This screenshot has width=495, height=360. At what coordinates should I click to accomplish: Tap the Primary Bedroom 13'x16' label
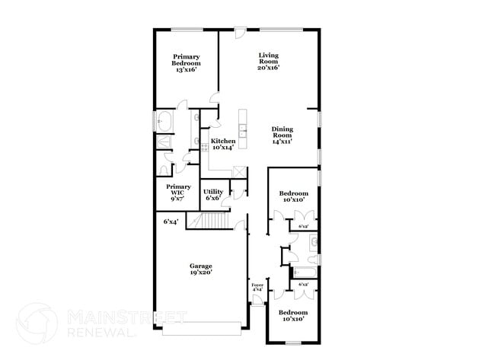187,63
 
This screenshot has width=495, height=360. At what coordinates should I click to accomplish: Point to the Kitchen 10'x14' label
223,144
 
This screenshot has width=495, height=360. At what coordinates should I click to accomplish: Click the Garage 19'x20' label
201,269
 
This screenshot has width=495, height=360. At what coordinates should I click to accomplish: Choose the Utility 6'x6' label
212,194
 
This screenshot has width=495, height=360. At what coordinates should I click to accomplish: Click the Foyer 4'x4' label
257,287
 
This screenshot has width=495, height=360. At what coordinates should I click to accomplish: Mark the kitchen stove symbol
204,147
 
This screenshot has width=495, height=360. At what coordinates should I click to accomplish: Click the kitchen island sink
242,132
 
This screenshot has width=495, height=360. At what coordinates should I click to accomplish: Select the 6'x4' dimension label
171,221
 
